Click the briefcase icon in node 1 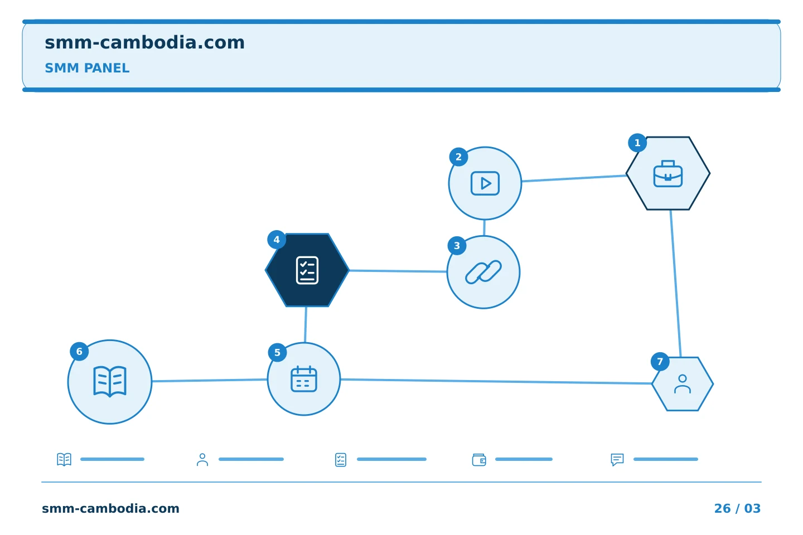pos(668,173)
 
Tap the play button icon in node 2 pos(485,183)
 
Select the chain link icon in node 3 pos(483,272)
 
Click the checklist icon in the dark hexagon pos(307,270)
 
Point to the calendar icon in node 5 pos(303,379)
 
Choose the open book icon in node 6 pos(110,382)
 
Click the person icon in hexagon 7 pos(683,384)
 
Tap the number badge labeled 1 pos(637,143)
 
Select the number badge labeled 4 pos(277,240)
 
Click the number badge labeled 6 pos(79,351)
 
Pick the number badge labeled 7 pos(660,361)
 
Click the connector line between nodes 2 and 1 pos(574,178)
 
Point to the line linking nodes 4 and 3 pos(398,271)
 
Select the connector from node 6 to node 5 pos(210,380)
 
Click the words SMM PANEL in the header pos(87,68)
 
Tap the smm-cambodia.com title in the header pos(144,43)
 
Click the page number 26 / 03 pos(737,508)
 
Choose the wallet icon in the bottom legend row pos(479,459)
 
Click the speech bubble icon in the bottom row pos(617,459)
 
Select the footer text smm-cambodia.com pos(110,508)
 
